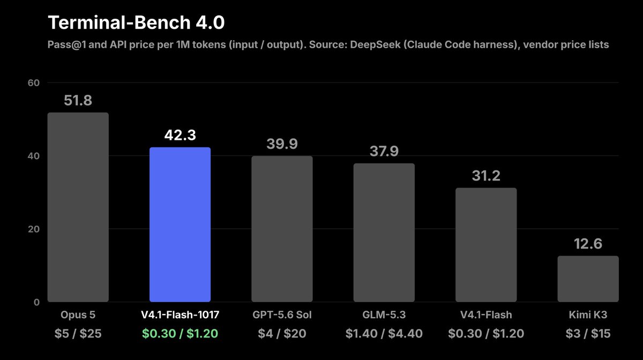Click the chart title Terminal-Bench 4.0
[x=136, y=22]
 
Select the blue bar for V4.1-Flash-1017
[x=180, y=224]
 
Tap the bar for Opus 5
[x=78, y=207]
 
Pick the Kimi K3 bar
[x=588, y=279]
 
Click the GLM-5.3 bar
[x=384, y=232]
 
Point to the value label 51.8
[x=78, y=100]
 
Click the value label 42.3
[x=180, y=135]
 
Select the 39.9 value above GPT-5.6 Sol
[x=282, y=144]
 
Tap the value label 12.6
[x=588, y=244]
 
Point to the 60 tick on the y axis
[x=34, y=82]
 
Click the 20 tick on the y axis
[x=34, y=229]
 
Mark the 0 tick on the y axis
[x=36, y=302]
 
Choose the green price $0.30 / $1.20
[x=180, y=333]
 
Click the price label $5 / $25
[x=78, y=333]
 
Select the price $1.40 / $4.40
[x=384, y=333]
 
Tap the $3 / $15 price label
[x=588, y=333]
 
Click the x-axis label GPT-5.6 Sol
[x=282, y=314]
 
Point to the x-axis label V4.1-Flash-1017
[x=180, y=314]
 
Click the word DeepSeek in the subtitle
[x=375, y=45]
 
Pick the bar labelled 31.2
[x=487, y=245]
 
